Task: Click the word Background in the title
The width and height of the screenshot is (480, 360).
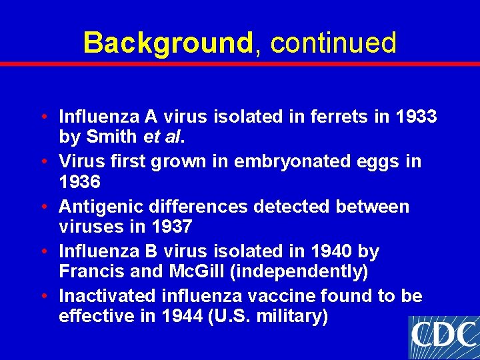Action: pyautogui.click(x=167, y=43)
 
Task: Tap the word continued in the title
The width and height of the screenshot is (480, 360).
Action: pyautogui.click(x=333, y=43)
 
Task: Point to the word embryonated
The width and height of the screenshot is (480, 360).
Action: pyautogui.click(x=271, y=161)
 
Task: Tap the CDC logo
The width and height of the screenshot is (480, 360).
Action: pyautogui.click(x=444, y=337)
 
